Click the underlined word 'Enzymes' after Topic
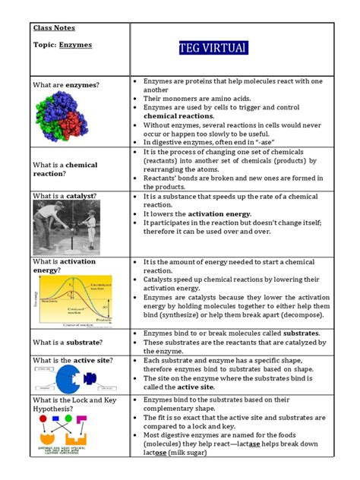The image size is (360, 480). coord(76,45)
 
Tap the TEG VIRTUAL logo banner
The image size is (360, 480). coord(213,49)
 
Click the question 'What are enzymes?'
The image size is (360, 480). coord(66,86)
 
